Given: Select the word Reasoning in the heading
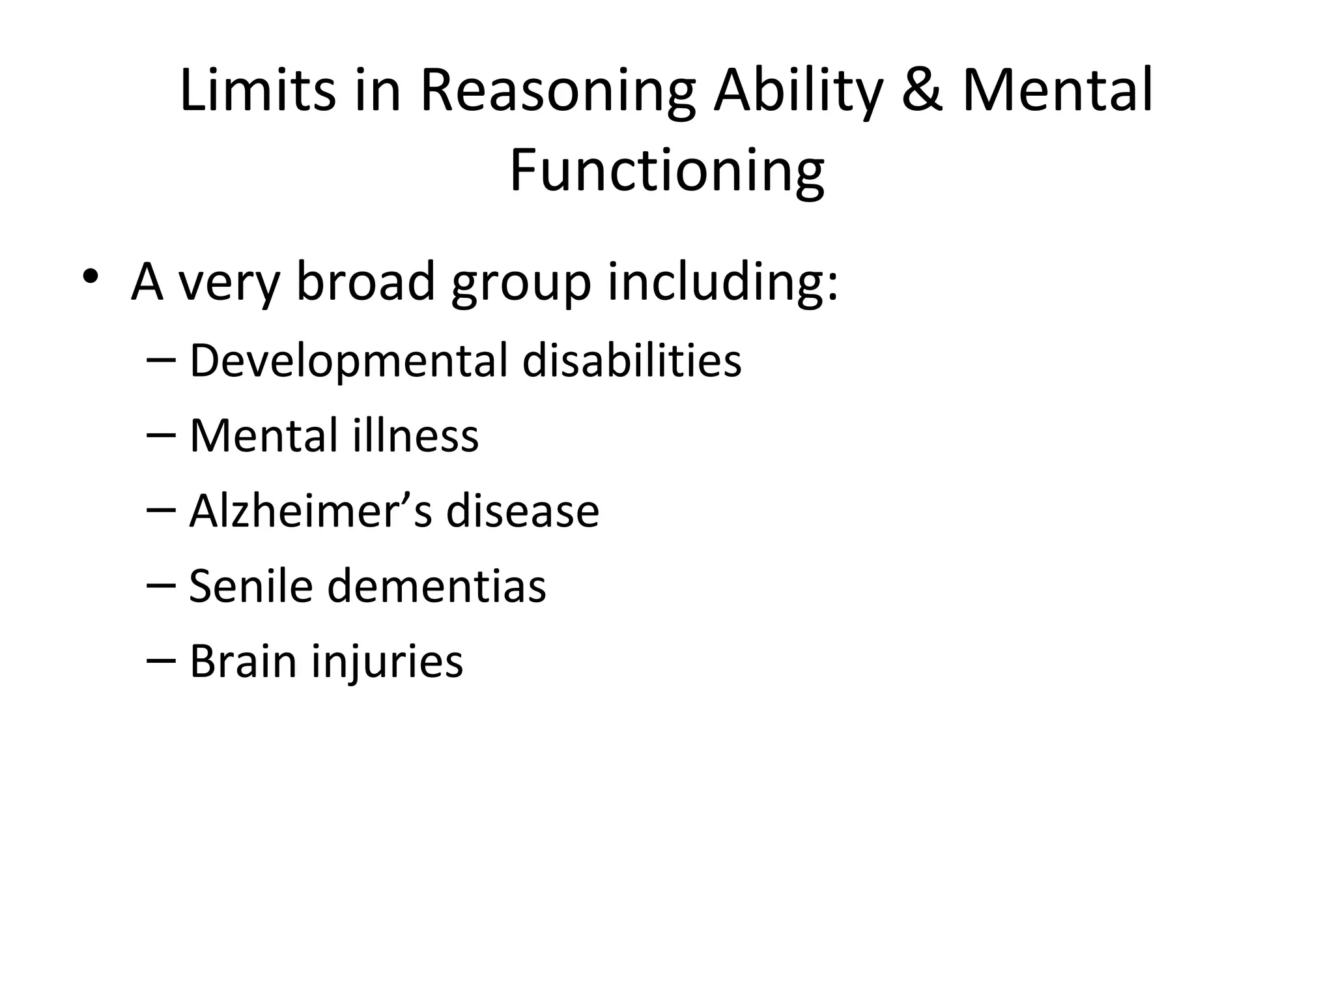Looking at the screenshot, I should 558,91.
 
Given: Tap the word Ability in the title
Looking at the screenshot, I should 798,91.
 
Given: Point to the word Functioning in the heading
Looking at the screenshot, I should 666,170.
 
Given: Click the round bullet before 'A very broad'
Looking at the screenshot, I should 91,276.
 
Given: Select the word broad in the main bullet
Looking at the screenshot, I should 365,282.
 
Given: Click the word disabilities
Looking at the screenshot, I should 632,360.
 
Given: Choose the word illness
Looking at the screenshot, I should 416,435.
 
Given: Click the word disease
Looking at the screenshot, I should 522,511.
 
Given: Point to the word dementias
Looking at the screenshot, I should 436,586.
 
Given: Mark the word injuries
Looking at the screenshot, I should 387,662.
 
